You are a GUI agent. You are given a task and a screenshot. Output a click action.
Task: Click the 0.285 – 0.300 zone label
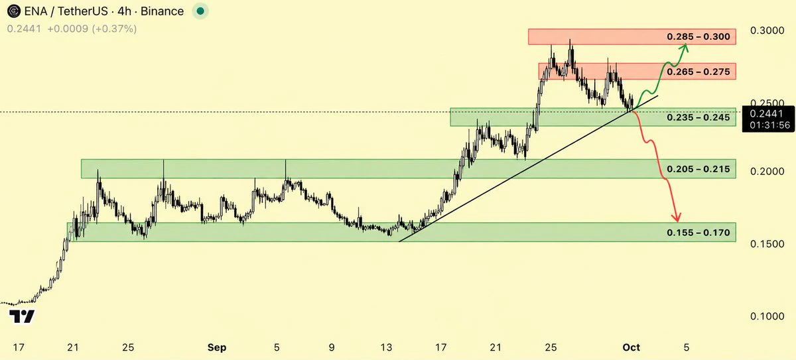tap(698, 36)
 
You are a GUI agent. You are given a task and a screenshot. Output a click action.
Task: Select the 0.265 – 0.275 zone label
tap(698, 72)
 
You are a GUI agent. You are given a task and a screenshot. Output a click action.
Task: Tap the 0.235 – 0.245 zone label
tap(698, 117)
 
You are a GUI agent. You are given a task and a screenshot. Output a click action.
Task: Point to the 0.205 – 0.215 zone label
tap(698, 169)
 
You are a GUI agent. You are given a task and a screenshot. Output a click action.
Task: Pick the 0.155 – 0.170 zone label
tap(698, 233)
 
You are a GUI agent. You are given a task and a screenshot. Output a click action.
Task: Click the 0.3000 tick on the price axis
tap(767, 30)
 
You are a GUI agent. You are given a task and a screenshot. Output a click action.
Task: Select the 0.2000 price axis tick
tap(767, 172)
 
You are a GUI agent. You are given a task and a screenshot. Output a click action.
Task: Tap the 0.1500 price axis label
tap(767, 244)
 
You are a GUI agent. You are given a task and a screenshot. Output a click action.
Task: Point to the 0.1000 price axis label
tap(767, 316)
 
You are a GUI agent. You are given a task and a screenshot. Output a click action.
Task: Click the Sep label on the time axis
tap(217, 347)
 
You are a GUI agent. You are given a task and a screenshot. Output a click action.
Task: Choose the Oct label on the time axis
tap(631, 347)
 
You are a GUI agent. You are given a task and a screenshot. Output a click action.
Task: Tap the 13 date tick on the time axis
tap(386, 347)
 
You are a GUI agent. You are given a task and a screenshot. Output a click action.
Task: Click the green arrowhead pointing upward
tap(685, 48)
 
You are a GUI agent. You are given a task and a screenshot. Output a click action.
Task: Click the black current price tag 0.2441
tap(768, 119)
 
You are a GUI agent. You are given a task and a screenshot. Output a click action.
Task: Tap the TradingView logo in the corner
tap(22, 316)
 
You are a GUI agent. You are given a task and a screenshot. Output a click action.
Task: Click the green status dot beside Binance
tap(200, 11)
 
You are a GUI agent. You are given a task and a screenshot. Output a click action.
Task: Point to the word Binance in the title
tap(162, 11)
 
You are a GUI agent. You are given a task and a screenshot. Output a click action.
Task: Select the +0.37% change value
tap(114, 29)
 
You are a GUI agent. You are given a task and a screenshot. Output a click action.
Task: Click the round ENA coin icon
tap(14, 11)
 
